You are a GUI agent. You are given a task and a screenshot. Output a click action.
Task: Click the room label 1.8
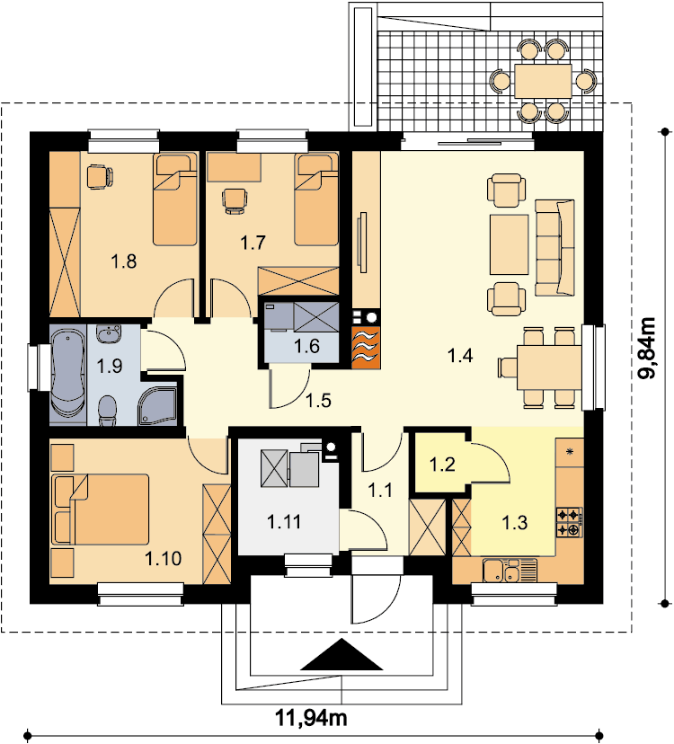(x=124, y=261)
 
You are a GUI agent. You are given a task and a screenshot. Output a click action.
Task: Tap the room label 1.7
(x=253, y=243)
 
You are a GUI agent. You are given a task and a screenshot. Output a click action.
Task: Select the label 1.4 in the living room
(x=460, y=355)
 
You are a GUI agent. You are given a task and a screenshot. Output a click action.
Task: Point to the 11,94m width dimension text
(x=311, y=718)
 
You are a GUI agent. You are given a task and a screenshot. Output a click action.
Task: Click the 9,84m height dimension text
(x=646, y=348)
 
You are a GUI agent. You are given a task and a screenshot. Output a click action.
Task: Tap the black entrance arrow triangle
(x=341, y=655)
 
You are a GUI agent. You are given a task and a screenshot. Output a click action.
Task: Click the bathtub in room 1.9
(x=68, y=374)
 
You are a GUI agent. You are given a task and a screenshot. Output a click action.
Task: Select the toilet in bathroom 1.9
(x=108, y=410)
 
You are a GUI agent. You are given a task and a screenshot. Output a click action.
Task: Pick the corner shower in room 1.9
(x=157, y=406)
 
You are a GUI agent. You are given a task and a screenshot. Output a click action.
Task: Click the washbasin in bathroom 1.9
(x=109, y=333)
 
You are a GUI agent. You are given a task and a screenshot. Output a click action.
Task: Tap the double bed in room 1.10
(x=101, y=509)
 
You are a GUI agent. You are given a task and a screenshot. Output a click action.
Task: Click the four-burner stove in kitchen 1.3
(x=570, y=522)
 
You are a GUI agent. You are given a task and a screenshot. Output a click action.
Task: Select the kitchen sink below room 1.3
(x=510, y=571)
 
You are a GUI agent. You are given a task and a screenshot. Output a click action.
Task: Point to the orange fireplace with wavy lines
(x=366, y=348)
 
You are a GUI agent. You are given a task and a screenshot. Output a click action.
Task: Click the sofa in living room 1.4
(x=554, y=248)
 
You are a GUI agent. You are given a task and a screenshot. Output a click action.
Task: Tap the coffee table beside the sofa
(x=510, y=244)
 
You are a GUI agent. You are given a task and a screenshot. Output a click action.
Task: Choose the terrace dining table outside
(x=543, y=81)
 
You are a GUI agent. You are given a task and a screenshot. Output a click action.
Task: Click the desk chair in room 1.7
(x=235, y=200)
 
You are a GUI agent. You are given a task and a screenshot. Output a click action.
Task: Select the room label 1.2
(x=442, y=464)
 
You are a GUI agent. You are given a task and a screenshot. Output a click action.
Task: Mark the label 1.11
(x=284, y=522)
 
